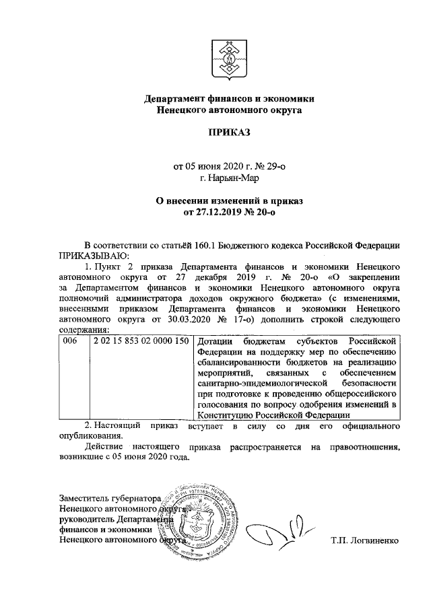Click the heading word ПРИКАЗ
click(229, 132)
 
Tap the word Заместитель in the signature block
click(86, 499)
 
